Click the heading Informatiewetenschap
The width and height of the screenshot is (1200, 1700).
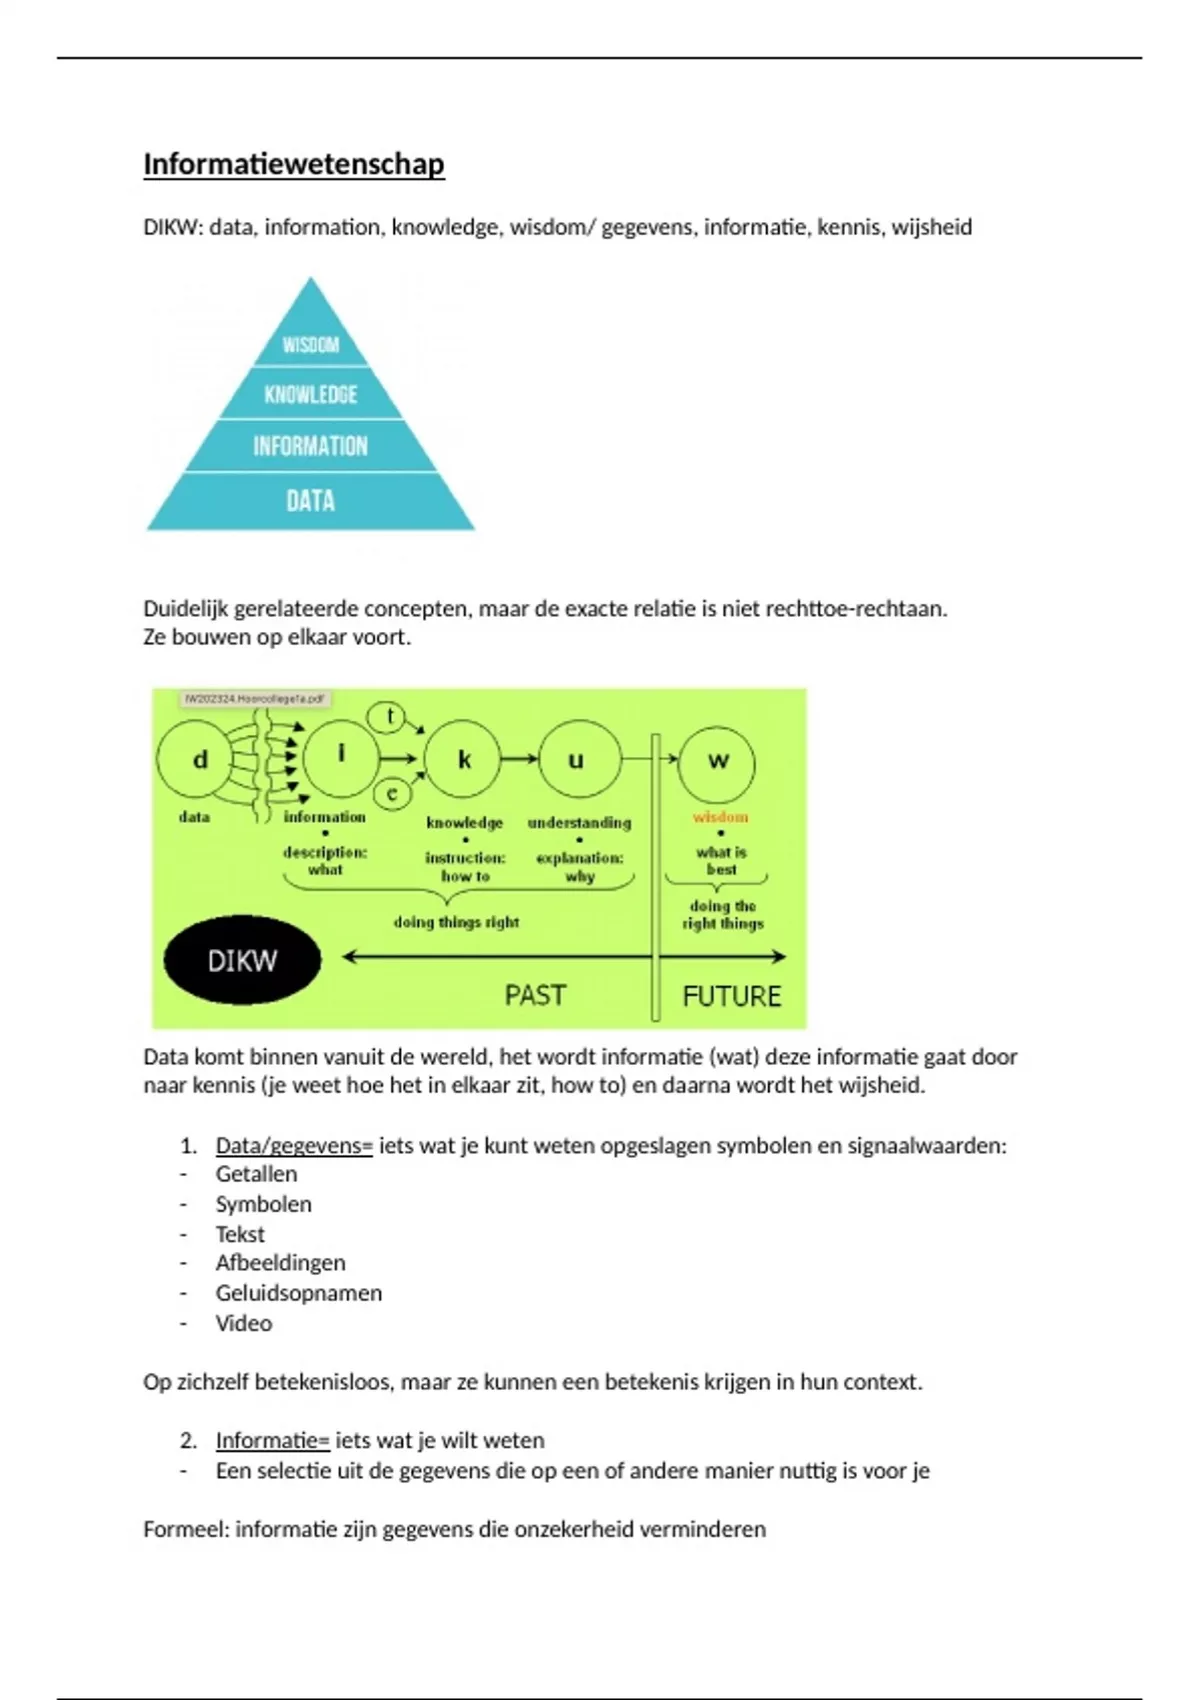click(293, 164)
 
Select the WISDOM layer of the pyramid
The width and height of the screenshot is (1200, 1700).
click(311, 344)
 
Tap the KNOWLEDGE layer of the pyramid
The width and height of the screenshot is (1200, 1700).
click(311, 394)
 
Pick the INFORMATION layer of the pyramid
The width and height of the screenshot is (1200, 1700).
click(311, 446)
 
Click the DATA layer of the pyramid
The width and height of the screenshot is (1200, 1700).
click(311, 500)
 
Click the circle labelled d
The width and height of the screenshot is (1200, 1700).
click(199, 760)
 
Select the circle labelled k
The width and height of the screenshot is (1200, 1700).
click(464, 760)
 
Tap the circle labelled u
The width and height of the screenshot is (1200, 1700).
click(577, 760)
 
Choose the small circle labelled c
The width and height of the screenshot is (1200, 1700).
click(392, 794)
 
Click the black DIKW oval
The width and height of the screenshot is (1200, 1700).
click(242, 960)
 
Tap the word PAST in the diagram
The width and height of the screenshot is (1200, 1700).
click(535, 995)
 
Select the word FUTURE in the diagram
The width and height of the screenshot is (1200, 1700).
click(731, 996)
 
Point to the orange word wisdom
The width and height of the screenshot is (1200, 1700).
click(720, 817)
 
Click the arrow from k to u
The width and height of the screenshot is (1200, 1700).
click(519, 759)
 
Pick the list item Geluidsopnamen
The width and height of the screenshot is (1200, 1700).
click(298, 1293)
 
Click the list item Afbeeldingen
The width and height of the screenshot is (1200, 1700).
click(280, 1263)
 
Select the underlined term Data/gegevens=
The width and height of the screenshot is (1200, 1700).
click(294, 1146)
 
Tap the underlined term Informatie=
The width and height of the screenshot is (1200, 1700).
click(272, 1441)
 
